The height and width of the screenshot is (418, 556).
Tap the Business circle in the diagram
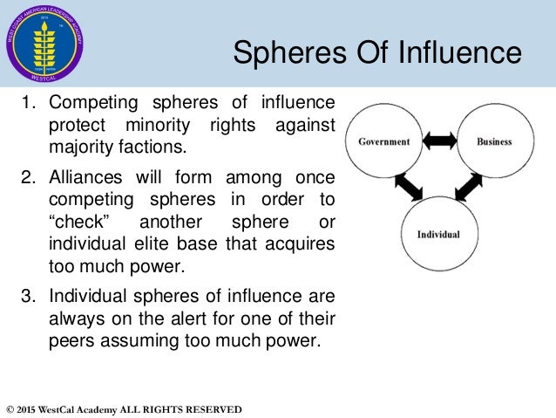point(494,141)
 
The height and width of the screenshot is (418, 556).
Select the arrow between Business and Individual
point(467,187)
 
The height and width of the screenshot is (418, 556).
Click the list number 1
point(28,108)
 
